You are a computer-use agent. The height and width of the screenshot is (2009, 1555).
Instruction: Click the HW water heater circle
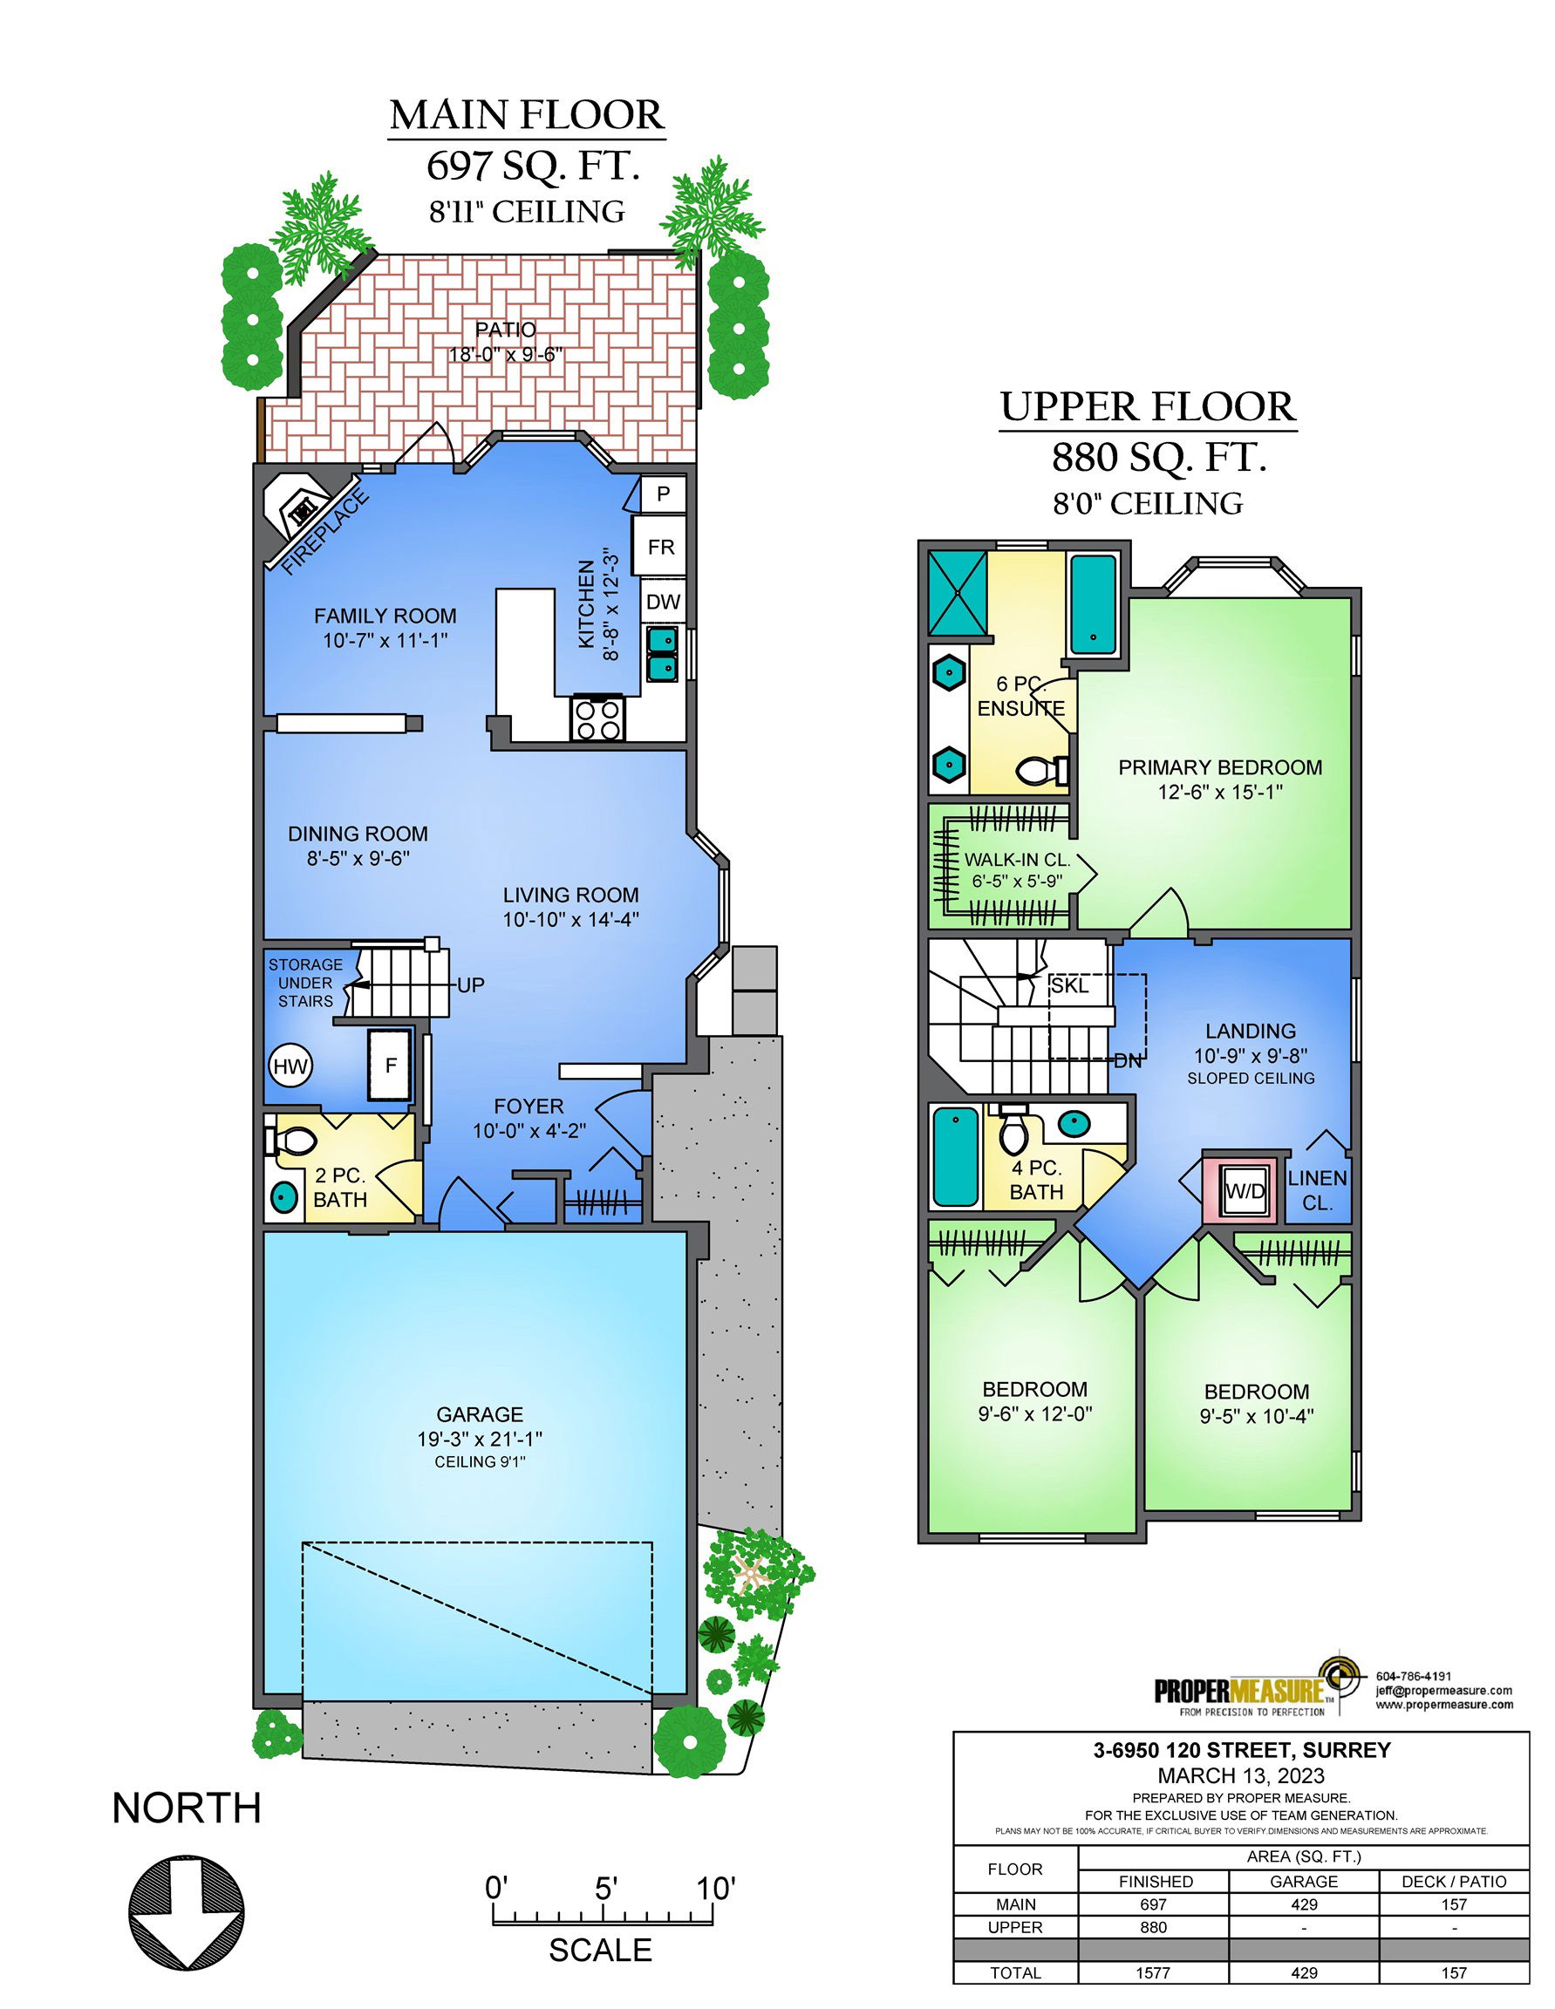(x=290, y=1067)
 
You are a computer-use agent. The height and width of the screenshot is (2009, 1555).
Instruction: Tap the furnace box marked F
(x=390, y=1066)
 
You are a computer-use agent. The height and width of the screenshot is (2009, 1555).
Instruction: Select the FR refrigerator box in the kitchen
(x=661, y=548)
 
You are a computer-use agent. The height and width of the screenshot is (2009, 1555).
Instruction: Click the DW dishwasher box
(x=663, y=602)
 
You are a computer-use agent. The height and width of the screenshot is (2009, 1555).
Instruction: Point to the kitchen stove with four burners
(x=597, y=718)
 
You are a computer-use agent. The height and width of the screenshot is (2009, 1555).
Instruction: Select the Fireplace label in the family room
(x=324, y=534)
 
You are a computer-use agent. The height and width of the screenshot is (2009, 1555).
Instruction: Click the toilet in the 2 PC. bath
(x=291, y=1141)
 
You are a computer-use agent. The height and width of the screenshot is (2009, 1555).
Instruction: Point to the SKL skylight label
(x=1069, y=986)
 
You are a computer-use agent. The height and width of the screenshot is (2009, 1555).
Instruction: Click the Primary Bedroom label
(x=1220, y=767)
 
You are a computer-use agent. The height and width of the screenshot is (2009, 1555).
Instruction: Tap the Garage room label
(x=480, y=1413)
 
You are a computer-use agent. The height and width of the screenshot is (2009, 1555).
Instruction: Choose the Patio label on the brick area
(x=505, y=330)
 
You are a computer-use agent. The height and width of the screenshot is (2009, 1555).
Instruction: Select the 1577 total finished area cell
(x=1153, y=1972)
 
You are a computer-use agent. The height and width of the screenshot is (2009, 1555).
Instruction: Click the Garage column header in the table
(x=1304, y=1881)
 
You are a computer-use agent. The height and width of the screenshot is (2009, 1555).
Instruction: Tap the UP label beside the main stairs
(x=470, y=985)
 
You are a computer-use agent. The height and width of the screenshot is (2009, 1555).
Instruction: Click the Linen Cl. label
(x=1318, y=1190)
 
